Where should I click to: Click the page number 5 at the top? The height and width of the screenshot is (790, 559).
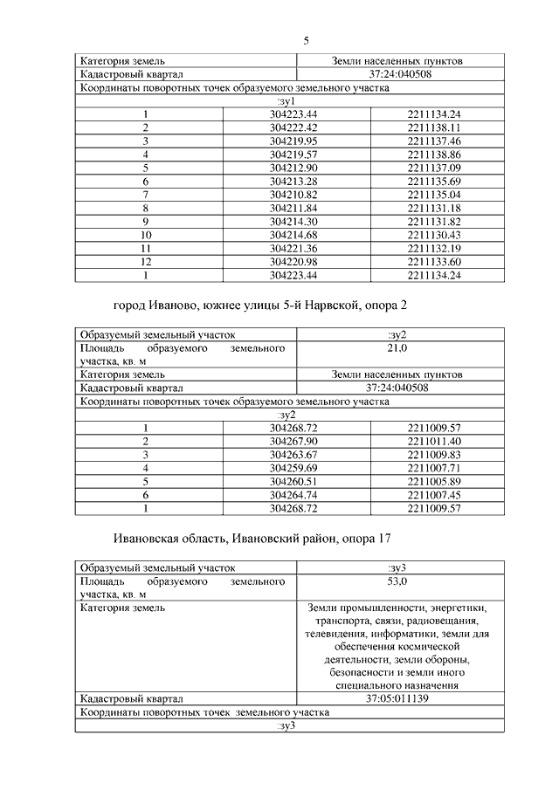tap(307, 40)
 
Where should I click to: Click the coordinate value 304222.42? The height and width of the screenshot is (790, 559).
tap(293, 128)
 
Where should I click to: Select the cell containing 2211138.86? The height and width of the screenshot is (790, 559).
tap(434, 154)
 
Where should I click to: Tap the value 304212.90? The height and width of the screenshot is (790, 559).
tap(293, 167)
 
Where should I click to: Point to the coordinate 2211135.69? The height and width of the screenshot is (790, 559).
tap(434, 180)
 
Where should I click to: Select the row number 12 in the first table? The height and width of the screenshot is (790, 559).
tap(147, 262)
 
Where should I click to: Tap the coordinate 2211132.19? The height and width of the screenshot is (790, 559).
tap(434, 249)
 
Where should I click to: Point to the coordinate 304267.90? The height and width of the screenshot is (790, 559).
tap(293, 442)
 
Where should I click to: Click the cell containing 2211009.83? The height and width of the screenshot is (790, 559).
tap(434, 455)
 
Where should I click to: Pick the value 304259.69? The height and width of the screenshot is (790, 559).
tap(293, 468)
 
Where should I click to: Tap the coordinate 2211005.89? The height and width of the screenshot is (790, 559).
tap(434, 481)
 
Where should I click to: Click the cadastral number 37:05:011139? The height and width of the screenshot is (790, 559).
tap(397, 699)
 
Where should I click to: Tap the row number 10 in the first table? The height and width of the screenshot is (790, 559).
tap(147, 236)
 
